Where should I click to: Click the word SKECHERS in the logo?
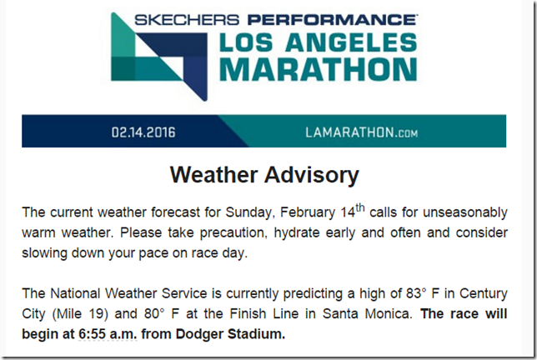coord(187,20)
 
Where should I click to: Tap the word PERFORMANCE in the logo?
coord(332,20)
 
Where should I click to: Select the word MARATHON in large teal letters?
coord(319,69)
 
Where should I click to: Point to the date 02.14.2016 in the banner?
coord(143,132)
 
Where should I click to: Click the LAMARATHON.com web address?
coord(361,132)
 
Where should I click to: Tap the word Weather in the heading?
coord(213,174)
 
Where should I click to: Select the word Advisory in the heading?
coord(312,175)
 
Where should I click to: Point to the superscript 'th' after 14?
coord(360,208)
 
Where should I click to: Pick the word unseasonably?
coord(465,212)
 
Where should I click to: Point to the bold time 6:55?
coord(92,334)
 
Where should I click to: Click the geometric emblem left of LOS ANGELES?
coord(159,57)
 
